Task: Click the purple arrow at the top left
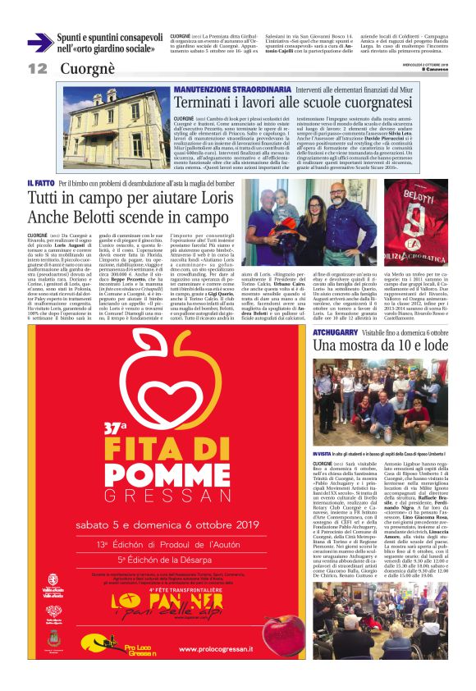click(39, 42)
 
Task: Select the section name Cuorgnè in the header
click(81, 69)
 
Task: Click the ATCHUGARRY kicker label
click(337, 332)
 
